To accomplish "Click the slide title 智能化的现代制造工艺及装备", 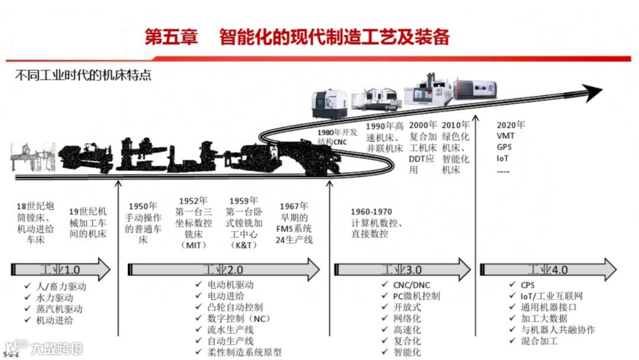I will (x=334, y=37).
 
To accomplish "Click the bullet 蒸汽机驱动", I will (x=59, y=309).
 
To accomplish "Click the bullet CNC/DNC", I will (x=412, y=285).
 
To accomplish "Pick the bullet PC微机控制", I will (x=417, y=296).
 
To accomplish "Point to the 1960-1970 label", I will (x=371, y=212).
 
